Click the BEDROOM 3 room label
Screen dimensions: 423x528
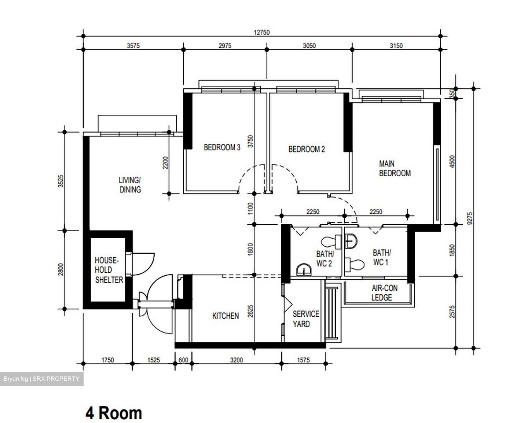[x=222, y=147]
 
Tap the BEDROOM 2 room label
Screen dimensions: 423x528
[x=307, y=149]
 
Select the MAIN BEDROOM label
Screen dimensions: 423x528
[x=395, y=168]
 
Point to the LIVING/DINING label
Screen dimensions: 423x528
[x=130, y=185]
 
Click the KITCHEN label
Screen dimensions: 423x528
[x=225, y=316]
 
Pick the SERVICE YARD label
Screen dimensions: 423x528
[x=306, y=319]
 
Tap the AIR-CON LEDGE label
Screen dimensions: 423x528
[x=384, y=293]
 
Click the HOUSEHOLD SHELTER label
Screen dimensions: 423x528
[x=109, y=270]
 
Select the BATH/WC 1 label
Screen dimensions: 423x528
[x=382, y=257]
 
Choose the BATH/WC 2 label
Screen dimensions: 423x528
[x=324, y=258]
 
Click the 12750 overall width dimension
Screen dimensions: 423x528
[x=261, y=32]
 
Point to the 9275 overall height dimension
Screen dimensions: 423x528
[x=471, y=218]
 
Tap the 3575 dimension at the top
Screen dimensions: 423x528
[x=133, y=46]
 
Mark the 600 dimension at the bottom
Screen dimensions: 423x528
[x=183, y=360]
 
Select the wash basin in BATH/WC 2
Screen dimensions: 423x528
[x=304, y=269]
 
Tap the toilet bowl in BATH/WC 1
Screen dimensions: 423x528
[x=355, y=264]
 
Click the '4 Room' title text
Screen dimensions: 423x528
[x=114, y=413]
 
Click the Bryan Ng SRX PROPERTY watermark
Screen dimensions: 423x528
[x=41, y=379]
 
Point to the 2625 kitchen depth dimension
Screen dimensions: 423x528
[x=250, y=311]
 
